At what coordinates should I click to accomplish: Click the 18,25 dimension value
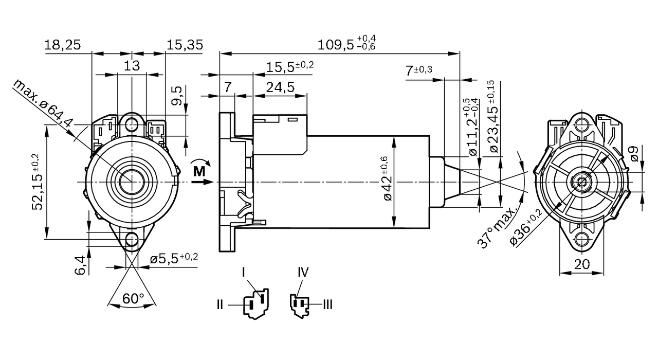coord(62,45)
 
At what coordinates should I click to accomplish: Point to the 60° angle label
coord(133,298)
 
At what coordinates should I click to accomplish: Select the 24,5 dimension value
coord(280,87)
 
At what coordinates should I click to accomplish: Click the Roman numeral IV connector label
coord(303,272)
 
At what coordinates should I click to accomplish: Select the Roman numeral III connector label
coord(327,305)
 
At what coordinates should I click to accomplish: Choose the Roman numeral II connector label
coord(220,305)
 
